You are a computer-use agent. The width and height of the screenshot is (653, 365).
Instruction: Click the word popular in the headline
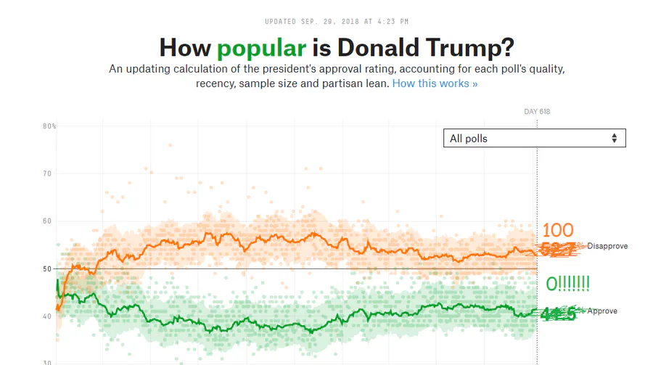click(262, 48)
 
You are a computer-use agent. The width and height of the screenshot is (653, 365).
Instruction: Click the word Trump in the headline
click(472, 48)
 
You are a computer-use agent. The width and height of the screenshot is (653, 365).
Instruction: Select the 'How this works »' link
click(435, 83)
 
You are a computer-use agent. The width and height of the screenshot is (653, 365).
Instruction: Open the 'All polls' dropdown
click(534, 138)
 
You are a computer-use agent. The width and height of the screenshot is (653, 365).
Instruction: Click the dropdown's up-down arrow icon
click(615, 138)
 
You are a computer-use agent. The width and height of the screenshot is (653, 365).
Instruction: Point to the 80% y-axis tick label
click(49, 126)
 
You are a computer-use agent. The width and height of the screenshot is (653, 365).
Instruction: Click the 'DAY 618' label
click(537, 112)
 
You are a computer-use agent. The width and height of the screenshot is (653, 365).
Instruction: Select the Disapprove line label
click(607, 246)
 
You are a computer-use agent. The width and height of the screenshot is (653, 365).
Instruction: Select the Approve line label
click(602, 311)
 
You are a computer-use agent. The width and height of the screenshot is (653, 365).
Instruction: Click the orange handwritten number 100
click(557, 231)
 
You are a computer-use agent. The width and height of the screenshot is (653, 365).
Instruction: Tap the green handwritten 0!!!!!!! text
click(567, 284)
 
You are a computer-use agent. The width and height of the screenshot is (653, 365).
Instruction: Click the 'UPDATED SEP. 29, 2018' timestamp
click(326, 22)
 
